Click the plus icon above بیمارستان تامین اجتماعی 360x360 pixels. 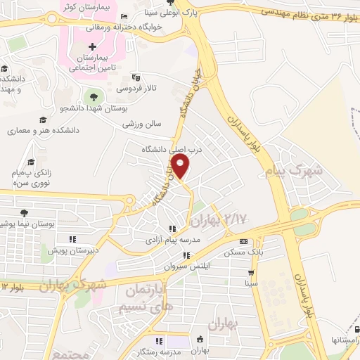click(101, 46)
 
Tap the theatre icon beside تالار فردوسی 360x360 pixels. click(136, 77)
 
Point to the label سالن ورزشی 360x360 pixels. click(142, 124)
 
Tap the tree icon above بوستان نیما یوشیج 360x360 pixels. click(26, 211)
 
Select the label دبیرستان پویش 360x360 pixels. click(73, 250)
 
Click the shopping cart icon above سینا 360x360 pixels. click(251, 272)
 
